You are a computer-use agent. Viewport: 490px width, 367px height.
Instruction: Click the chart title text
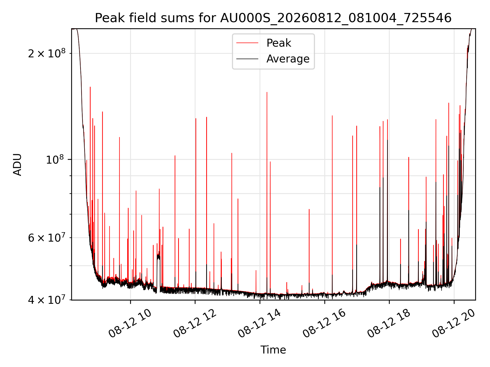(x=273, y=18)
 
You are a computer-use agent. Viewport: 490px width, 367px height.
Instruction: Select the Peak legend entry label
(x=279, y=43)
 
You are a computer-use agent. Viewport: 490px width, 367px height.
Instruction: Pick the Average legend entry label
(x=288, y=59)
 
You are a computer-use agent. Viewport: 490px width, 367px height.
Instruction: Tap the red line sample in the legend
(x=247, y=43)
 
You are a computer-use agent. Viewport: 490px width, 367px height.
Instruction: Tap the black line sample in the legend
(x=247, y=59)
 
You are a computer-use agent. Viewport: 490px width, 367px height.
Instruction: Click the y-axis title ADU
(x=17, y=164)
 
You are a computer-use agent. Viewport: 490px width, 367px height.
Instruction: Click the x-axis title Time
(x=273, y=350)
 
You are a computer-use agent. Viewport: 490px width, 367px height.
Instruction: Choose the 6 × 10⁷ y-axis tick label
(x=46, y=238)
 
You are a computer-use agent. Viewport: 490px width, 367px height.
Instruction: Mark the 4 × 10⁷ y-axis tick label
(x=46, y=300)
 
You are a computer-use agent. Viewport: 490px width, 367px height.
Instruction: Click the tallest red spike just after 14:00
(x=267, y=92)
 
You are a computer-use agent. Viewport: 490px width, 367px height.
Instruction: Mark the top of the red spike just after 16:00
(x=332, y=116)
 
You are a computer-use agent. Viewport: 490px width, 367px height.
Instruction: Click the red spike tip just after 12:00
(x=196, y=119)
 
